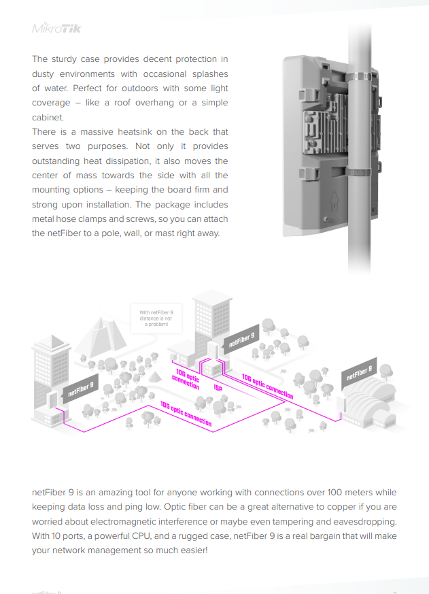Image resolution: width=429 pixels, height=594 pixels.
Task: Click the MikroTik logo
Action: click(56, 29)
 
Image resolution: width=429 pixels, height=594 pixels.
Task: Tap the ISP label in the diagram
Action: click(218, 388)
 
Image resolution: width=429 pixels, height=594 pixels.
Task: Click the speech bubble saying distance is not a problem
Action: click(156, 318)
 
